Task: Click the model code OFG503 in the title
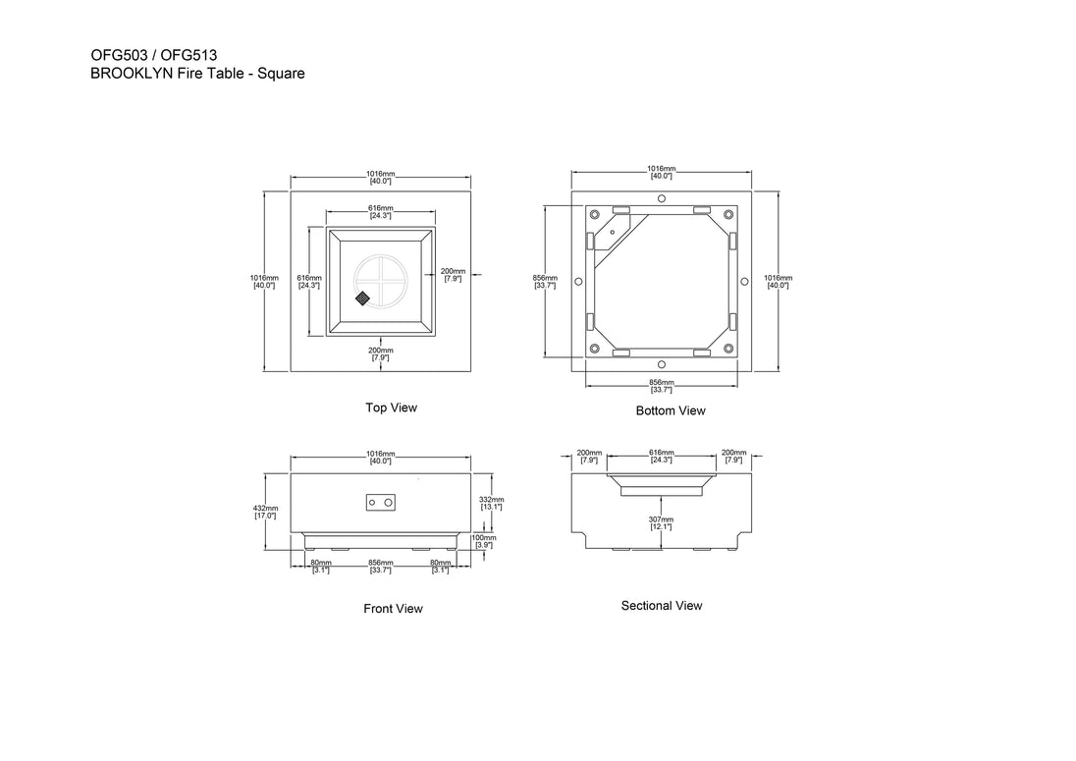click(x=120, y=56)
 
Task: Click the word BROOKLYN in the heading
click(x=132, y=74)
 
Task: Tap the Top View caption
click(x=391, y=408)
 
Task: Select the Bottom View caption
click(x=671, y=410)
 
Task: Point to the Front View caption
click(x=394, y=609)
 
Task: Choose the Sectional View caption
click(x=662, y=605)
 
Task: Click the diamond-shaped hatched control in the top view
click(x=362, y=299)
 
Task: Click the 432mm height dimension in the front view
click(x=266, y=512)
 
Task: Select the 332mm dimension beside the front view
click(x=491, y=503)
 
